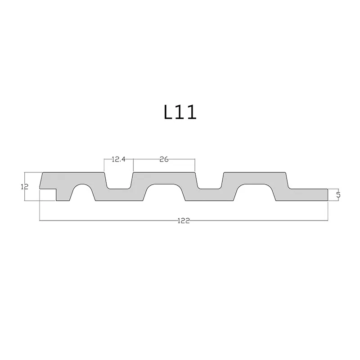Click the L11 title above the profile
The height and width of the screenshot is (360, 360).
[180, 112]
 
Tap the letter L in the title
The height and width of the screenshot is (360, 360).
[169, 112]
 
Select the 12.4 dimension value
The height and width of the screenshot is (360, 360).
[119, 159]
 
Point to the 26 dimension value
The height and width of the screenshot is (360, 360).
[164, 159]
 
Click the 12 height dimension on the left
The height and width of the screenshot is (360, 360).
[24, 186]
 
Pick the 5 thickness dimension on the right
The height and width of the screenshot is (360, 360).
[338, 195]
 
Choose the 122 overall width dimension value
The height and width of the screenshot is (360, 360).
[184, 220]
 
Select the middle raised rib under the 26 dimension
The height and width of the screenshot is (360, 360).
[164, 178]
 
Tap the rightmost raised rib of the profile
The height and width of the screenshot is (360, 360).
[255, 178]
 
